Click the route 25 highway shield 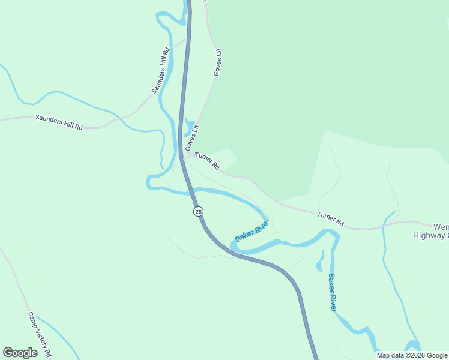click(199, 211)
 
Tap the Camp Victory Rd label click(40, 333)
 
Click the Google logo click(20, 353)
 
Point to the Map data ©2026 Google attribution click(412, 355)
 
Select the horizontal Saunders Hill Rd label click(59, 122)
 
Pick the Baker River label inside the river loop click(251, 230)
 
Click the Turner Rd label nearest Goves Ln click(208, 161)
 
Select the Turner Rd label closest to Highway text click(330, 218)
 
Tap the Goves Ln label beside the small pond click(192, 137)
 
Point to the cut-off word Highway click(430, 235)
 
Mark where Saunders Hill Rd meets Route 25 click(187, 39)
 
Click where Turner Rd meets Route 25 click(182, 157)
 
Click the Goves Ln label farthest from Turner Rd click(217, 62)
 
